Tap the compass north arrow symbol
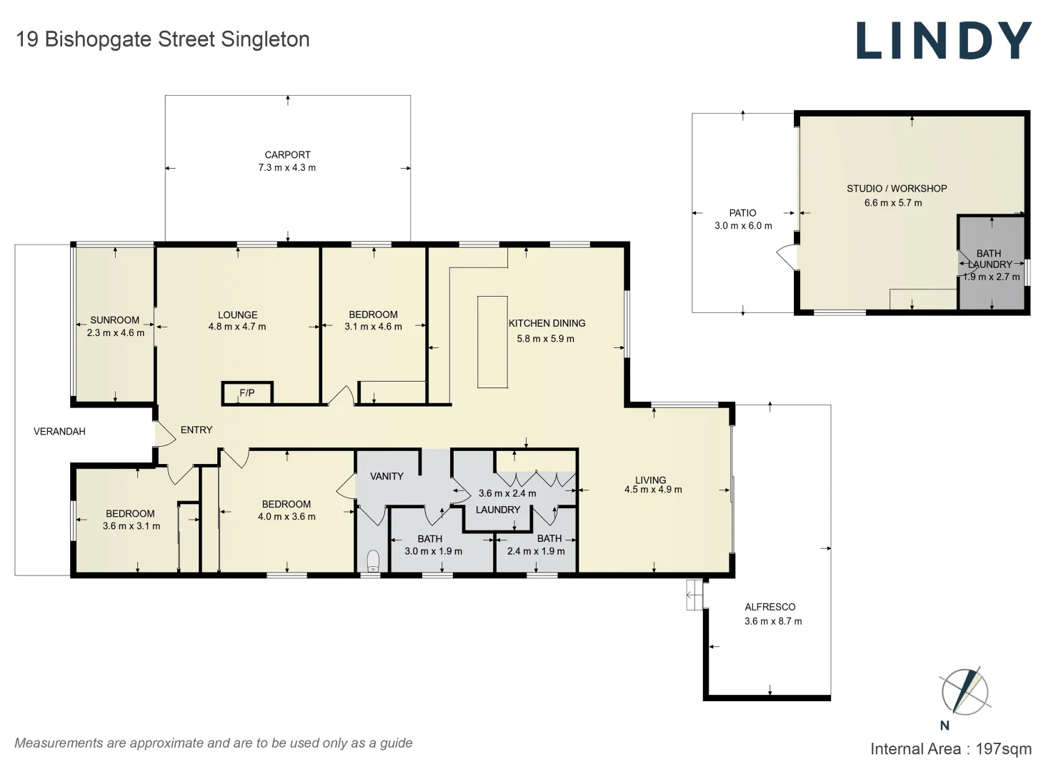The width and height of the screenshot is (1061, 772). (965, 691)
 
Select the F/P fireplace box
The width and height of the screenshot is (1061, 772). (247, 393)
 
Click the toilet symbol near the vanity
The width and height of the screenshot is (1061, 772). (373, 560)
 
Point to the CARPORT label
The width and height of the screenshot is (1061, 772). (287, 155)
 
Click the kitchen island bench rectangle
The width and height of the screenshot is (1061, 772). (492, 342)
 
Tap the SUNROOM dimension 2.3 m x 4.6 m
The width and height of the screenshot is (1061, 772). (116, 333)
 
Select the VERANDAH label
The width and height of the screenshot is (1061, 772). (60, 432)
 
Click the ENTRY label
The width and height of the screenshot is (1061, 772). (196, 430)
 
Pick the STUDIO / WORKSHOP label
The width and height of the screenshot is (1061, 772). (897, 189)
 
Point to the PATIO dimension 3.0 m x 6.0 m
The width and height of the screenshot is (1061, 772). (743, 226)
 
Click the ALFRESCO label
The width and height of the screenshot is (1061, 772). (770, 607)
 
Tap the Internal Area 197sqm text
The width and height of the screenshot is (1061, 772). (951, 749)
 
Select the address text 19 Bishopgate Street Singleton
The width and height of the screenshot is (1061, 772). (163, 39)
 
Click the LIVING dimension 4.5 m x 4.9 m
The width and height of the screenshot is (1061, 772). (653, 490)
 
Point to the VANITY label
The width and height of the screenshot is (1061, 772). (387, 477)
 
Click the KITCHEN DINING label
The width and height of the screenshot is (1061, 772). (547, 324)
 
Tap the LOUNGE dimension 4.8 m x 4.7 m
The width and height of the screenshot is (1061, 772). (237, 327)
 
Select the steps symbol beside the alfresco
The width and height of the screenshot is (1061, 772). (695, 595)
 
